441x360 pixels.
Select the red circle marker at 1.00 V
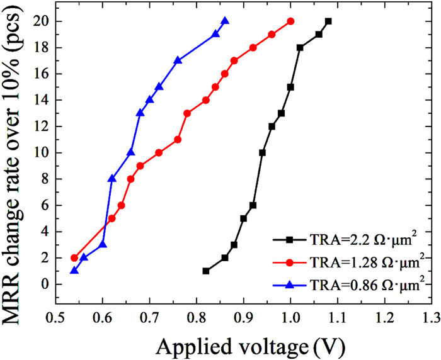(x=290, y=21)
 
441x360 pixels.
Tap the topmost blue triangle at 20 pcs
(x=225, y=21)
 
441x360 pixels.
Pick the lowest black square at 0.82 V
(x=206, y=271)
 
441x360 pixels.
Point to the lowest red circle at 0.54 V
(x=74, y=257)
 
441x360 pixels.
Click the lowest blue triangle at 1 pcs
(x=74, y=271)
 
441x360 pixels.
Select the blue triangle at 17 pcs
(x=178, y=60)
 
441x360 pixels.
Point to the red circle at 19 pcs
(x=272, y=34)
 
